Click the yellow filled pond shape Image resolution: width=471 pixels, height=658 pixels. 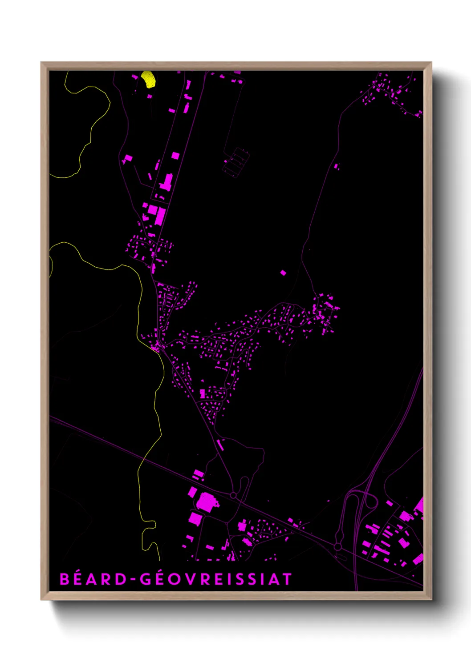[x=148, y=79]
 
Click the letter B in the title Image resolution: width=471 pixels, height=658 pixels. [x=65, y=579]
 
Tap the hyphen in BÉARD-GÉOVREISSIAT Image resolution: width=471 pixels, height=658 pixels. [x=132, y=579]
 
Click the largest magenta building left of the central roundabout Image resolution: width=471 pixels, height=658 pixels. [x=206, y=502]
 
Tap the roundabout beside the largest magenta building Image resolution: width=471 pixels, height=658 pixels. [x=233, y=495]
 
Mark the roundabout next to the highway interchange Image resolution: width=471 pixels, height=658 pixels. [x=338, y=546]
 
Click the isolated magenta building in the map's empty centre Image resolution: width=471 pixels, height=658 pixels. [x=283, y=273]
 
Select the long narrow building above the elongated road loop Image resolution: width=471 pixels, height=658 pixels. [x=219, y=445]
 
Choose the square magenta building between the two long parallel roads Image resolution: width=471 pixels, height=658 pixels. [x=175, y=156]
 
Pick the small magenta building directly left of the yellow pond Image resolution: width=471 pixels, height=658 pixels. [x=135, y=77]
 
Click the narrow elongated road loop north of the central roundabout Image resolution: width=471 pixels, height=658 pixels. [x=244, y=487]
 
